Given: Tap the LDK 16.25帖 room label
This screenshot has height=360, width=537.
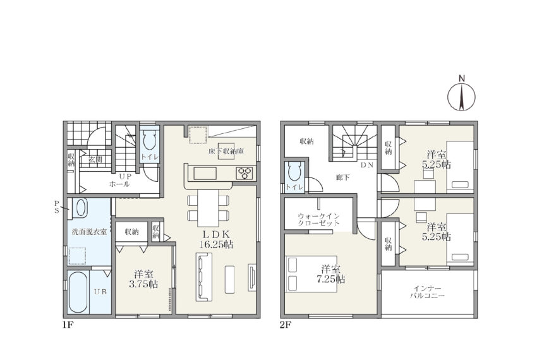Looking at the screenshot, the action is (x=217, y=239).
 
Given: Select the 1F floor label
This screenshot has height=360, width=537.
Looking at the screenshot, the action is (x=68, y=325).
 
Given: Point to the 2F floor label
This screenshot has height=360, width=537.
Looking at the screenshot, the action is (x=286, y=325).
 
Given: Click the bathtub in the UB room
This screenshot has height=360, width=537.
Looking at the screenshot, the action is (x=78, y=292).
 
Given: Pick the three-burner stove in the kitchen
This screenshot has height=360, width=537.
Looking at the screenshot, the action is (x=244, y=172).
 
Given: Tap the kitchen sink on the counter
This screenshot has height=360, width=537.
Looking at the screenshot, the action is (x=205, y=173).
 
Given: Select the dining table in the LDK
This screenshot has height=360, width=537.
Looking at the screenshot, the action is (x=208, y=208).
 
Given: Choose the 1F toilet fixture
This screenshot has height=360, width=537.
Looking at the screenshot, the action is (x=150, y=140).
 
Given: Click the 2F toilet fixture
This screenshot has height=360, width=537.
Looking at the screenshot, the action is (x=294, y=171).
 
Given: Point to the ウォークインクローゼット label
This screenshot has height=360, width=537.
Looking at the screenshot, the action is (x=318, y=220).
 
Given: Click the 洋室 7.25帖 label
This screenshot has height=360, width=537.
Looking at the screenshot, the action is (x=331, y=274).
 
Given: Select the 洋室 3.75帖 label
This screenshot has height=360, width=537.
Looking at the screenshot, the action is (x=144, y=279).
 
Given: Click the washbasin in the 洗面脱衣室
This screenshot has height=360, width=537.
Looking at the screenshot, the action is (x=81, y=208).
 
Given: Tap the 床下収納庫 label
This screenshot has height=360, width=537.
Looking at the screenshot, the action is (x=226, y=151).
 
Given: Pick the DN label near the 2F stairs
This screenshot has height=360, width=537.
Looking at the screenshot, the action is (x=367, y=165).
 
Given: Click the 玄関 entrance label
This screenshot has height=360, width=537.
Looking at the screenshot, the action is (x=95, y=159).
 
